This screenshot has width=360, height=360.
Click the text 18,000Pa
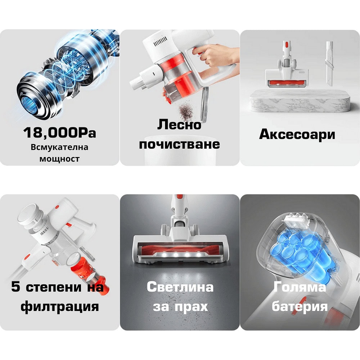pos(59,133)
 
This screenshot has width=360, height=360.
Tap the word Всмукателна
pos(59,147)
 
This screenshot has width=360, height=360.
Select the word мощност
pos(59,159)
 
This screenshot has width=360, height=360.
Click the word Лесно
pos(179,125)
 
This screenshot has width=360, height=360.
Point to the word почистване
pos(179,144)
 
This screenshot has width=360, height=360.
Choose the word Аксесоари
pos(297,134)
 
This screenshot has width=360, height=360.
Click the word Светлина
pos(180,287)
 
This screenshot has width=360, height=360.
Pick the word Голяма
pos(300,287)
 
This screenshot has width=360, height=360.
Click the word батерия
pos(300,306)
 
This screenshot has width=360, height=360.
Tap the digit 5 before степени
pos(15,287)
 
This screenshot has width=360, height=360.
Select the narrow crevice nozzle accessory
pos(329,63)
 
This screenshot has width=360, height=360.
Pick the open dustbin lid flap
pos(204,104)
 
